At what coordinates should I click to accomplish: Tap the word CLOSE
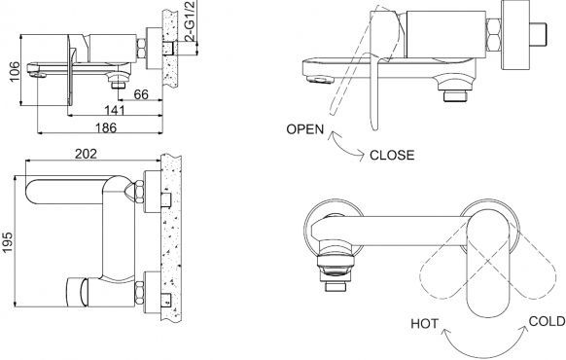[x=393, y=154]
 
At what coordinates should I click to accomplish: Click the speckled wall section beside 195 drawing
[x=172, y=243]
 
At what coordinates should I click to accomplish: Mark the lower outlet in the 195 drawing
[x=75, y=290]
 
